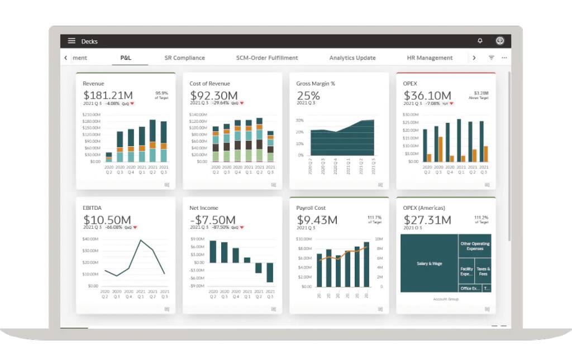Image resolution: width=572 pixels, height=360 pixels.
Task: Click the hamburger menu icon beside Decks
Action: tap(71, 41)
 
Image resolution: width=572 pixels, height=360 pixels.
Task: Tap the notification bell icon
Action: tap(480, 41)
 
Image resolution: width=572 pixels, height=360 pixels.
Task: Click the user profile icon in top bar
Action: tap(500, 41)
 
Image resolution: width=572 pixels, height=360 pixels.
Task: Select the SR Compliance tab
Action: tap(184, 58)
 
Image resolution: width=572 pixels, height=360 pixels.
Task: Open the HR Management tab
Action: tap(430, 58)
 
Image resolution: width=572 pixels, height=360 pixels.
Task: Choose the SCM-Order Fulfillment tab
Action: tap(266, 58)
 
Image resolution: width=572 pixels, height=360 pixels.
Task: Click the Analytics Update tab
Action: tap(352, 58)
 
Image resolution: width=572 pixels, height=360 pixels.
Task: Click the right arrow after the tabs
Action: tap(474, 58)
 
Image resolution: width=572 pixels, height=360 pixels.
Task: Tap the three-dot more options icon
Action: tap(504, 58)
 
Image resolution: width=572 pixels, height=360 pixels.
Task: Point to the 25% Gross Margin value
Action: tap(308, 95)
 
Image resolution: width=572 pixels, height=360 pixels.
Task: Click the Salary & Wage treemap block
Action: tap(429, 263)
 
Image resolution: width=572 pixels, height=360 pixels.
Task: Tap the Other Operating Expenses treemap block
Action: tap(475, 246)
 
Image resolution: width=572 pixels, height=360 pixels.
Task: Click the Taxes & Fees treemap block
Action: tap(483, 271)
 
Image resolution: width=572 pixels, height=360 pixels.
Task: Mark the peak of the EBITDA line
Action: tap(141, 241)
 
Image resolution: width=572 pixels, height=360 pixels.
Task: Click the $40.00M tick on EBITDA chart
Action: tap(90, 239)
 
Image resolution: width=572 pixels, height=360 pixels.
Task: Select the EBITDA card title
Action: tap(93, 208)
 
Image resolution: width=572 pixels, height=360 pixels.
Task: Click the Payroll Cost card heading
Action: tap(312, 208)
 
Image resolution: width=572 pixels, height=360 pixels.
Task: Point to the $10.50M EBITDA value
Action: tap(107, 220)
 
